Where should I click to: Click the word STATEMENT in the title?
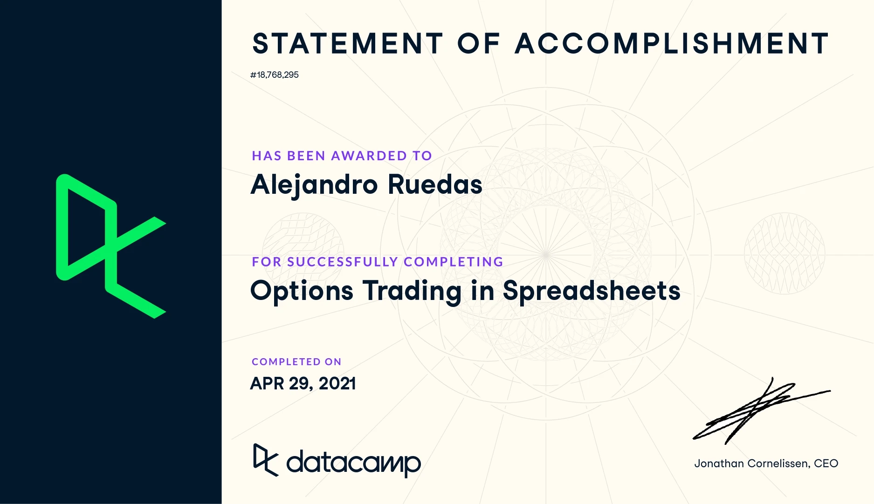(x=348, y=44)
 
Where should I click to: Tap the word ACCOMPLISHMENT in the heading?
(x=672, y=44)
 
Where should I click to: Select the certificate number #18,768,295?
(x=275, y=75)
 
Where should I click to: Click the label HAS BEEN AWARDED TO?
(x=342, y=156)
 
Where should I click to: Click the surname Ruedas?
(x=435, y=184)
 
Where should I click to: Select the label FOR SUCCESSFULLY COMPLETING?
(x=378, y=262)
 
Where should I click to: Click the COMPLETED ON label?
(x=296, y=362)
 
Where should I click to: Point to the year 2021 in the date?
(x=337, y=383)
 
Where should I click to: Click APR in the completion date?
(x=267, y=383)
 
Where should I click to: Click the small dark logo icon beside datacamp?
(x=266, y=460)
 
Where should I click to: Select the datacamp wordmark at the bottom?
(x=354, y=463)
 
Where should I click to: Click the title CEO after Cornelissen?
(x=826, y=463)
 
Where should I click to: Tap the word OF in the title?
(x=479, y=44)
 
